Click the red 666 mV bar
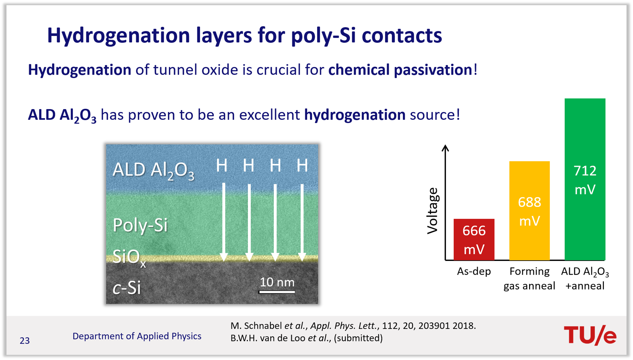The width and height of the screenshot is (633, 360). [474, 239]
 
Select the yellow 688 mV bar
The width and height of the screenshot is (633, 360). [529, 210]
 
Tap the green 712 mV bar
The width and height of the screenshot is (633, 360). [585, 179]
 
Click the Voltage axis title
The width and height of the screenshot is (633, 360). [433, 211]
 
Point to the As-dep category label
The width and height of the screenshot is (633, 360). [474, 271]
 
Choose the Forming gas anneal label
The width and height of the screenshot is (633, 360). [529, 279]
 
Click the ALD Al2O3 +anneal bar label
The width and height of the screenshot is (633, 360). [585, 279]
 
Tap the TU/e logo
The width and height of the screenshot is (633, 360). [590, 335]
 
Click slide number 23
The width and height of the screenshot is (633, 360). [25, 341]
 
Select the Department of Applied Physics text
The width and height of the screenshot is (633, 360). [137, 336]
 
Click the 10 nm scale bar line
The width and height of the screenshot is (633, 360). [277, 292]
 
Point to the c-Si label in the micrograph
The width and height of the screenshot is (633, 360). [127, 288]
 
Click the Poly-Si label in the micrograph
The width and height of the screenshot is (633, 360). [140, 225]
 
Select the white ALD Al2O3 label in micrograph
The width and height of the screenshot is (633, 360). [153, 171]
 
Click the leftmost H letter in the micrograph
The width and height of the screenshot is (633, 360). [222, 165]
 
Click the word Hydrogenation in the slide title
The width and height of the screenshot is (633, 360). [118, 36]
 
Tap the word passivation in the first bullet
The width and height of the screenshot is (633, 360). [433, 70]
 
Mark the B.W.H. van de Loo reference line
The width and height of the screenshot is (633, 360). [306, 338]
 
